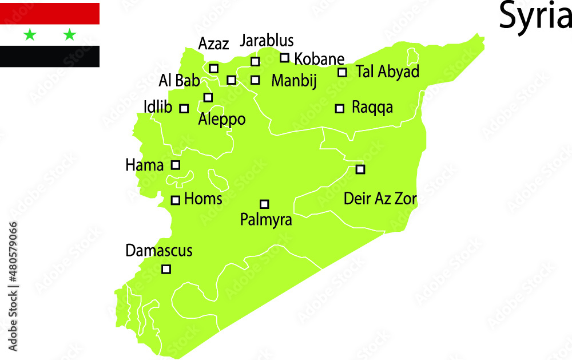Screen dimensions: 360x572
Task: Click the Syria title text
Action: pos(534,15)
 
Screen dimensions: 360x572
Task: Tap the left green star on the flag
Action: pos(30,35)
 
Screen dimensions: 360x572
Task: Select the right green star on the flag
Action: pos(69,35)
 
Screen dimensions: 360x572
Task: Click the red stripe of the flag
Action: pos(50,13)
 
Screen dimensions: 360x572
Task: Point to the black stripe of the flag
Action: pos(50,56)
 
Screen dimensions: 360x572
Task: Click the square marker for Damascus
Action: pos(166,269)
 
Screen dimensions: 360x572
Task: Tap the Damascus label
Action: pos(159,251)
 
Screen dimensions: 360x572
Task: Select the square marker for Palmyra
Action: pos(264,204)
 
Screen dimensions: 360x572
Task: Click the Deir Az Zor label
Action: pos(380,199)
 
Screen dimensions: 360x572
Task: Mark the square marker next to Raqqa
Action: pos(339,108)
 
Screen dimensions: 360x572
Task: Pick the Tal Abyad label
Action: pos(387,72)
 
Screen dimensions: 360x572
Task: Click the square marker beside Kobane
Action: pos(284,58)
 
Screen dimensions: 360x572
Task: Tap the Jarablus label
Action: pos(267,41)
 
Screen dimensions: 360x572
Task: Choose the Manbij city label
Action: pos(293,81)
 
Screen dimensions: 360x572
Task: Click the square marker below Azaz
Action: pos(213,68)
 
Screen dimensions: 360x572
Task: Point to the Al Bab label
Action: pos(179,81)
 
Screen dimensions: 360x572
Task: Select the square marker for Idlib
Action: pos(184,108)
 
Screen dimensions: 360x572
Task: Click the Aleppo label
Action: pos(221,120)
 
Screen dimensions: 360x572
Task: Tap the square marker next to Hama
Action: pos(176,165)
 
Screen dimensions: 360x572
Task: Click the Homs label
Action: pos(203,199)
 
